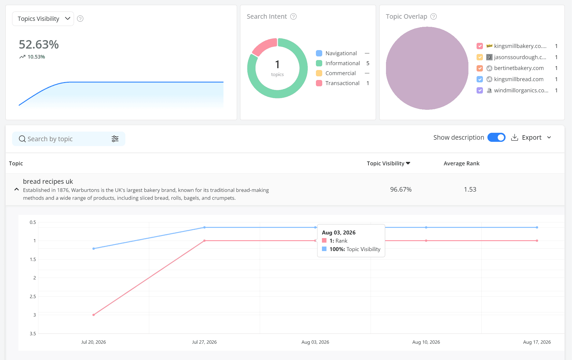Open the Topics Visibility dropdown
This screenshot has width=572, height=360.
(43, 19)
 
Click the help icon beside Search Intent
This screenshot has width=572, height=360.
(293, 17)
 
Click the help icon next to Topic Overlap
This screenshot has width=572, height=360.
(433, 17)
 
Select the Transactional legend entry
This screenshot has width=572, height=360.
(342, 83)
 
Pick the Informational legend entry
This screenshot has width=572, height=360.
(342, 63)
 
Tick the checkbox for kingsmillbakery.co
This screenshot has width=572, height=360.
(480, 46)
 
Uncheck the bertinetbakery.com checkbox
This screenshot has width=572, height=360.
(480, 68)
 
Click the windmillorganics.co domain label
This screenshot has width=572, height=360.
(521, 91)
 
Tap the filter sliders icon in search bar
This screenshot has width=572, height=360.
(115, 139)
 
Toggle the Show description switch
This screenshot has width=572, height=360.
(496, 138)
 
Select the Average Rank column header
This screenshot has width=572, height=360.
(461, 164)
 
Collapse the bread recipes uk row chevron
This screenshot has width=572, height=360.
(17, 190)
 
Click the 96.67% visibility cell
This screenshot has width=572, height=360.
(401, 190)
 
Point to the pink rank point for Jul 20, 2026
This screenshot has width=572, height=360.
(94, 315)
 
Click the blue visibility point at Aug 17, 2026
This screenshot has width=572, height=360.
(537, 227)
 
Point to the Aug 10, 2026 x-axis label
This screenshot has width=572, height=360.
(426, 342)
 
